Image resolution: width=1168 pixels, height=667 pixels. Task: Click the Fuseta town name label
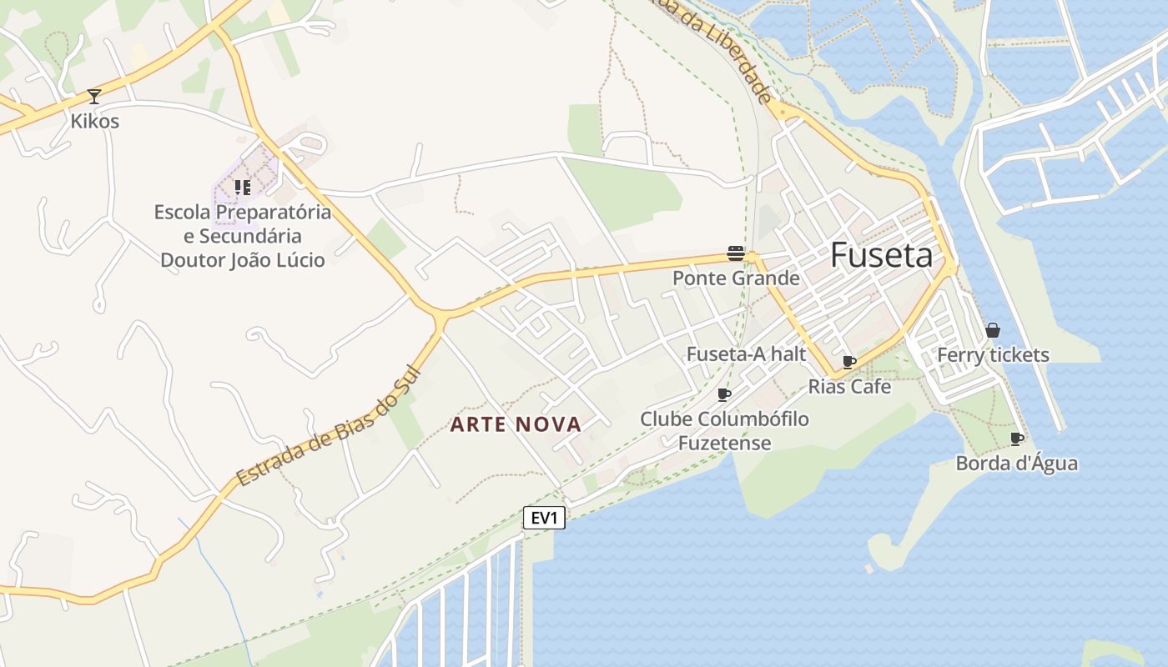coord(881,255)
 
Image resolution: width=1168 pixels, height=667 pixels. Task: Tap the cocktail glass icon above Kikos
coord(94,97)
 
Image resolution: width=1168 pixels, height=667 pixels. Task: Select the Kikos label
coord(94,122)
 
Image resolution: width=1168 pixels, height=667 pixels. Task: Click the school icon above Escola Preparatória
coord(243,187)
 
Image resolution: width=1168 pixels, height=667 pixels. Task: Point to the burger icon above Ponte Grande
coord(735,253)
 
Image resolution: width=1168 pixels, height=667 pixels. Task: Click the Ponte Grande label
coord(736,278)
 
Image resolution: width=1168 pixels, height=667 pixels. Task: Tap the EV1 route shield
coord(544,518)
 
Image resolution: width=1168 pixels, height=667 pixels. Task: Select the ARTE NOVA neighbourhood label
coord(516,424)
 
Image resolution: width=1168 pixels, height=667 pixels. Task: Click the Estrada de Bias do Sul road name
coord(327,426)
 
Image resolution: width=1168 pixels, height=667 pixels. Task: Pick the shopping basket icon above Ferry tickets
coord(992,330)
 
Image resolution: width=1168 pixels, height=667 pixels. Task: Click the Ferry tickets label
coord(993,355)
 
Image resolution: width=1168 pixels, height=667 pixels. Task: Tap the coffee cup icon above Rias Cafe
coord(849,362)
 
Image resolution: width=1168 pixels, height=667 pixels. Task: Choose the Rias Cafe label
coord(849,387)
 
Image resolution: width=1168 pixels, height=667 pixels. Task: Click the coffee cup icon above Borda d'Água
coord(1016,439)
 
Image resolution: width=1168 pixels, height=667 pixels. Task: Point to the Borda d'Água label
coord(1016,464)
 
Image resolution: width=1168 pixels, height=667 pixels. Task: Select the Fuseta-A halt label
coord(746,354)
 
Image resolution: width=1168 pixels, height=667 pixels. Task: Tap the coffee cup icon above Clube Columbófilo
coord(724,394)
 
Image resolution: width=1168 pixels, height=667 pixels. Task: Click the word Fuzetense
coord(724,443)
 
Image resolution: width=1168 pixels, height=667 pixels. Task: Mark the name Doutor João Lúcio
coord(243,260)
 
